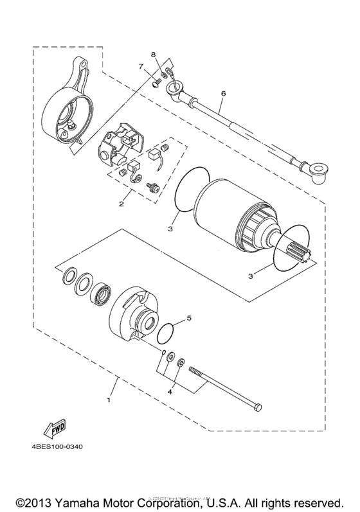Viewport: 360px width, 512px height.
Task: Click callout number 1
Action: pos(109,400)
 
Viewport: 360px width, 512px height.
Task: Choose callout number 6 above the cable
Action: pos(223,94)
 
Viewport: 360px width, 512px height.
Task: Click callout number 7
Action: pos(139,66)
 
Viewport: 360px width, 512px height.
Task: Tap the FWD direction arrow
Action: pos(50,427)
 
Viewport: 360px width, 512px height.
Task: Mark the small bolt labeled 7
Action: pos(156,82)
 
